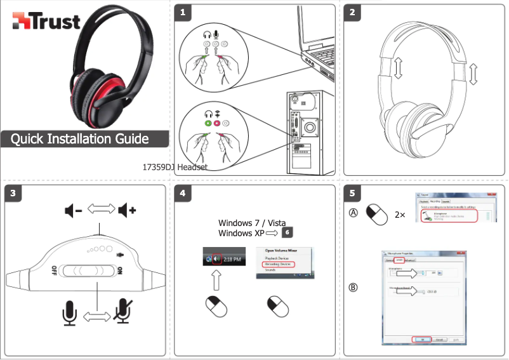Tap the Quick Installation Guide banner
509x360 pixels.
pyautogui.click(x=79, y=139)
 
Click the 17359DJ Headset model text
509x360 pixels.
pyautogui.click(x=176, y=168)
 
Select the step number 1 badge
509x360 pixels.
pyautogui.click(x=183, y=12)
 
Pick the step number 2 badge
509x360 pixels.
pyautogui.click(x=352, y=12)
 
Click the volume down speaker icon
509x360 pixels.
pyautogui.click(x=73, y=210)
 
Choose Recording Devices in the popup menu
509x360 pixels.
pyautogui.click(x=277, y=264)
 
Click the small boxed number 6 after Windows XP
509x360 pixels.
pyautogui.click(x=287, y=233)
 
